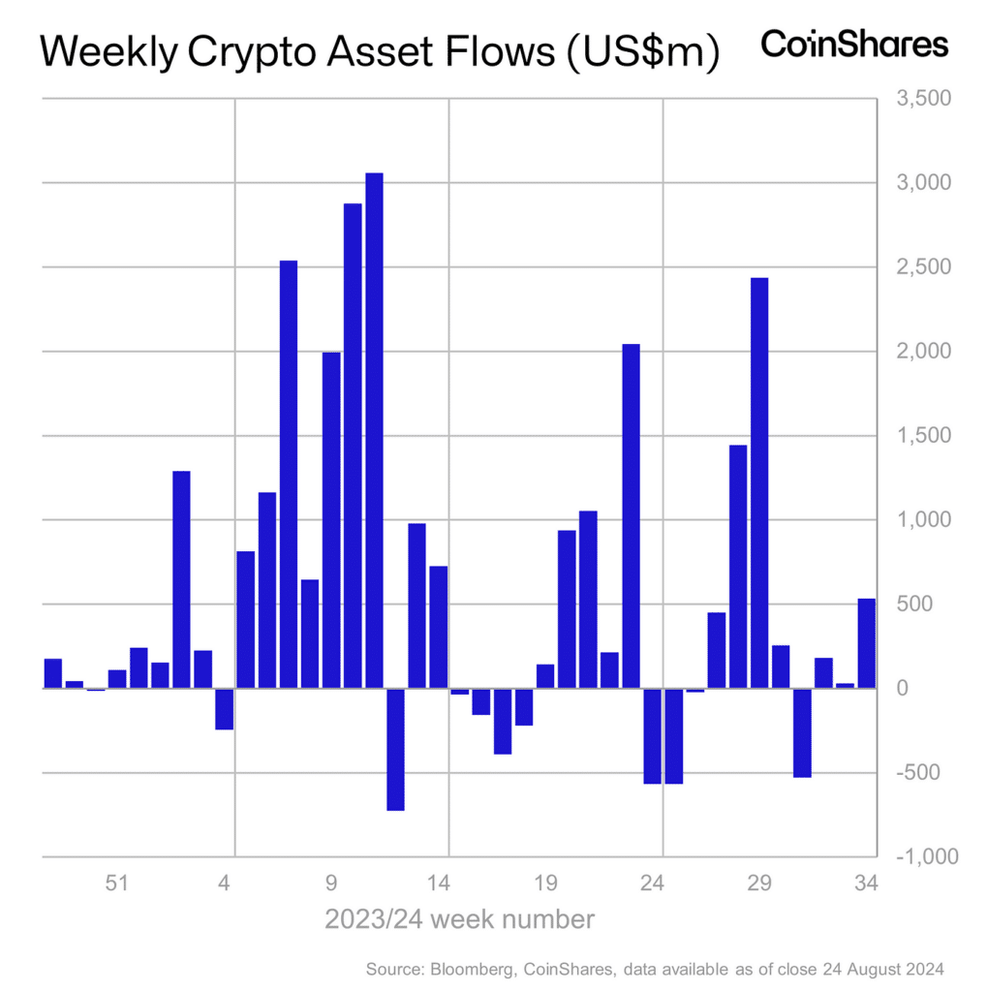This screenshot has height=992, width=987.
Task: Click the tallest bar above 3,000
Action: [x=374, y=430]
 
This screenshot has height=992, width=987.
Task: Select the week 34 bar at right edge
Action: [x=866, y=643]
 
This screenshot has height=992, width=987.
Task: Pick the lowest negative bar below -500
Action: [x=395, y=749]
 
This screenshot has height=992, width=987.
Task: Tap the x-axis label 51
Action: [x=117, y=883]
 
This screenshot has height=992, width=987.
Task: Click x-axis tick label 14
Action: [x=439, y=883]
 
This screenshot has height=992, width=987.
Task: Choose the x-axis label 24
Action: [x=653, y=883]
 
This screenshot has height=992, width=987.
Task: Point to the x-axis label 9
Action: [x=331, y=883]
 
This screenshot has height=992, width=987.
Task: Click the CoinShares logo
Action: [x=854, y=45]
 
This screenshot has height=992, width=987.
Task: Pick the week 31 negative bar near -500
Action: [x=802, y=732]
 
